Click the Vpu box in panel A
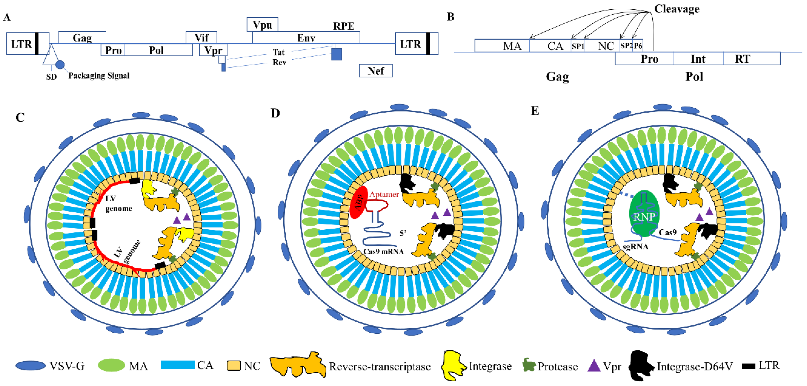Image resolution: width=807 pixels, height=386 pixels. click(x=262, y=24)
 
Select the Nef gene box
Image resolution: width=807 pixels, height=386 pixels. click(x=375, y=71)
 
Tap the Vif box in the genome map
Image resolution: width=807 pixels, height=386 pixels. click(x=201, y=38)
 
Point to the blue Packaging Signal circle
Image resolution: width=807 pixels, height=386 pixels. click(x=60, y=65)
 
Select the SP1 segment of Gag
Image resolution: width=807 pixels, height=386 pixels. click(x=577, y=46)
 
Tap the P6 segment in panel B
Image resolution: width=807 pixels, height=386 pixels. click(x=638, y=46)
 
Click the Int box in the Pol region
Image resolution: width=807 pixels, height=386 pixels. click(x=698, y=59)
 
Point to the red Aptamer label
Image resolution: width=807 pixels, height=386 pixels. click(x=384, y=194)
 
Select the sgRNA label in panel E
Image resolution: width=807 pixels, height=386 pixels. click(x=635, y=247)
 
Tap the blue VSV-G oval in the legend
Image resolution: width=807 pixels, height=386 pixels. click(x=30, y=366)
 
